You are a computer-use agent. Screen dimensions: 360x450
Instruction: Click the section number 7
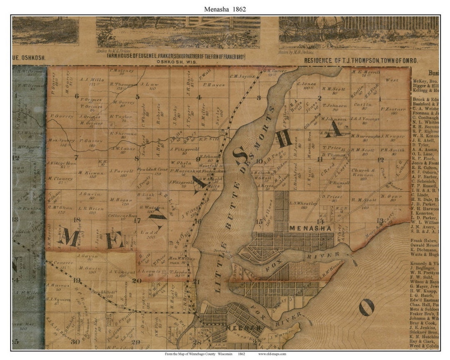coord(76,157)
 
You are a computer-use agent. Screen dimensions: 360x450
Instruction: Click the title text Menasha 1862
coord(225,9)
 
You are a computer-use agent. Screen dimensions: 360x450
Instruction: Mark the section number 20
coord(137,281)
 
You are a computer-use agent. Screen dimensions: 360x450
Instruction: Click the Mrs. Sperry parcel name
coord(62,140)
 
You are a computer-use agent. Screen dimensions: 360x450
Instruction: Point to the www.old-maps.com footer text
coord(272,354)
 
